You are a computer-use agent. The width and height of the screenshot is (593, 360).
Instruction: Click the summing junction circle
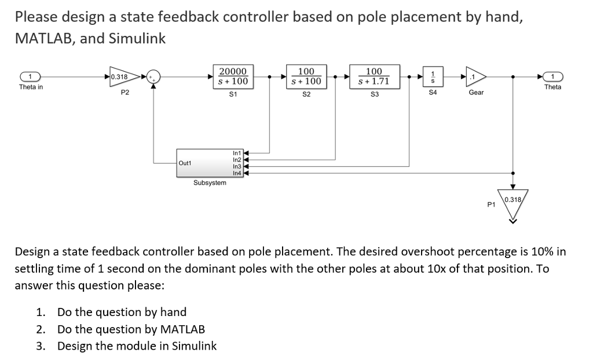pyautogui.click(x=154, y=76)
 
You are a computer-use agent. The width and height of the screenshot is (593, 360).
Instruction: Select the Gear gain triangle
pyautogui.click(x=475, y=76)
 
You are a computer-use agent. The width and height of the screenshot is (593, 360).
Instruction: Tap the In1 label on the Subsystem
pyautogui.click(x=236, y=153)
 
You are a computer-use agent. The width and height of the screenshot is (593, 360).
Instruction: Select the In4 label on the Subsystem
pyautogui.click(x=236, y=173)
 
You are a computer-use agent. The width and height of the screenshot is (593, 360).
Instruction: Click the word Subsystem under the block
pyautogui.click(x=210, y=183)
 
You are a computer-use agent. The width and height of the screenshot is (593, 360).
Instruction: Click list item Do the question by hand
pyautogui.click(x=122, y=312)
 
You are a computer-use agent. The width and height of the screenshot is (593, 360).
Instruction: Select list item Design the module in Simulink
pyautogui.click(x=137, y=346)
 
